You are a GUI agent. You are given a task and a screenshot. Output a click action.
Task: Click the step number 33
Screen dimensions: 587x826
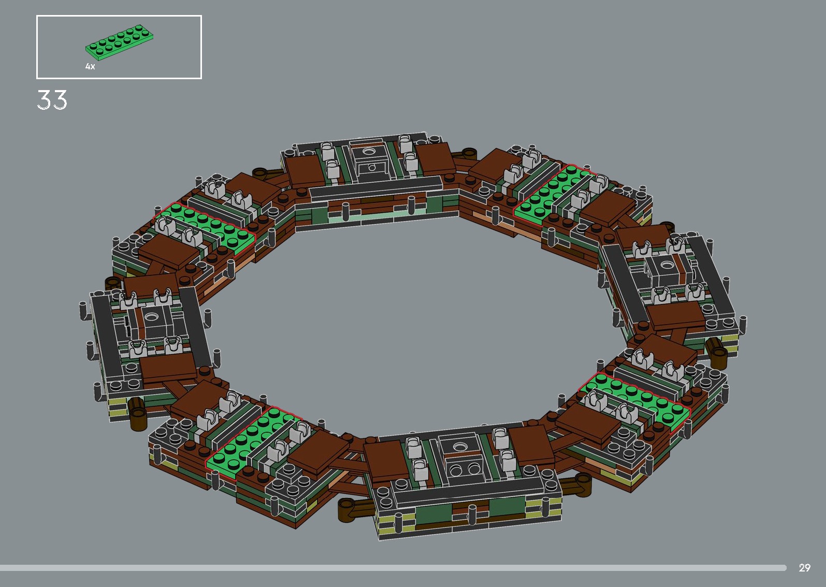point(52,100)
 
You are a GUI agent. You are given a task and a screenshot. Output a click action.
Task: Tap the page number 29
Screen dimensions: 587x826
point(804,568)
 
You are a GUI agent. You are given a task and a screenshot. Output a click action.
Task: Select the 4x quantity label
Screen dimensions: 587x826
point(90,67)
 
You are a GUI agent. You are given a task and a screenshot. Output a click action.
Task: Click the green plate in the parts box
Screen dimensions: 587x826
point(121,42)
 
